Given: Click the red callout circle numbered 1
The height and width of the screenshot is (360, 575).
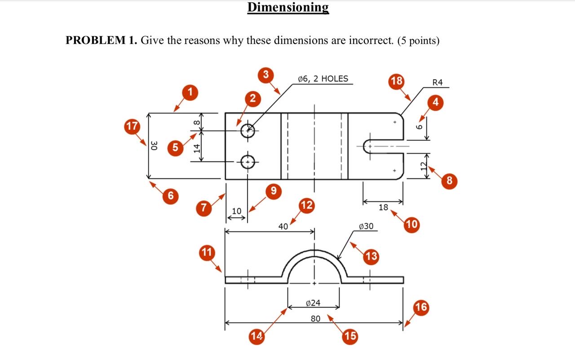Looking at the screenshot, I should [x=190, y=93].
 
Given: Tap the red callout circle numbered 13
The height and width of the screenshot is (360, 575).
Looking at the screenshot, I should [x=372, y=257].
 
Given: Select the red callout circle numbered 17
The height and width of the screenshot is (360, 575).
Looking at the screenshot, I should [x=132, y=126].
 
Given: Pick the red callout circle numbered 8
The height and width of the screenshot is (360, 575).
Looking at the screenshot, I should [x=450, y=181].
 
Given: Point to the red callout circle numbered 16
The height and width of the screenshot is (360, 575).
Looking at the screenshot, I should [x=421, y=307].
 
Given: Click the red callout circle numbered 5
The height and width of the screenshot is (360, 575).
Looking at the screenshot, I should [x=175, y=147].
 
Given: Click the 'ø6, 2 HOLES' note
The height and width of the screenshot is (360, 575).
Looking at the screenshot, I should [x=323, y=79].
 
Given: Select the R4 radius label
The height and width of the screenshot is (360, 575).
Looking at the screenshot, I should [x=437, y=82].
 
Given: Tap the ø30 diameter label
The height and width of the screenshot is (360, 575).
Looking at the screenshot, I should [x=366, y=226].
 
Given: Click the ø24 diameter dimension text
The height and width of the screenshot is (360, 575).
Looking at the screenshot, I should [x=313, y=303].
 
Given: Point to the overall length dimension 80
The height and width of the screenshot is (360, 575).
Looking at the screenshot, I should [x=315, y=319].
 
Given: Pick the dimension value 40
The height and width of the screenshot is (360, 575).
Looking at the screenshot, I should [x=283, y=227].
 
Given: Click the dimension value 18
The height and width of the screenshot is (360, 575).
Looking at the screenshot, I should [x=383, y=207].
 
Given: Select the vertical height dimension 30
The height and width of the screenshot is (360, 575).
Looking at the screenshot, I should [x=154, y=146].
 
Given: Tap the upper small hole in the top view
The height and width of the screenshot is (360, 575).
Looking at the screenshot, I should [x=248, y=131].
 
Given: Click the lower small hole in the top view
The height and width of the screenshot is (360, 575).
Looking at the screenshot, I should [x=248, y=161].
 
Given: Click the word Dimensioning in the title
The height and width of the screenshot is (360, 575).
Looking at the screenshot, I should [x=288, y=8].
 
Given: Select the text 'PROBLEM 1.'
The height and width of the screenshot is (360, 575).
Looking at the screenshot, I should [x=101, y=40].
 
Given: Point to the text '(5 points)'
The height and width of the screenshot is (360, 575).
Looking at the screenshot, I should [x=418, y=40].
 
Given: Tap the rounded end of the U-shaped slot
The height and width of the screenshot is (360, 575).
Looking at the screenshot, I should [x=366, y=146].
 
